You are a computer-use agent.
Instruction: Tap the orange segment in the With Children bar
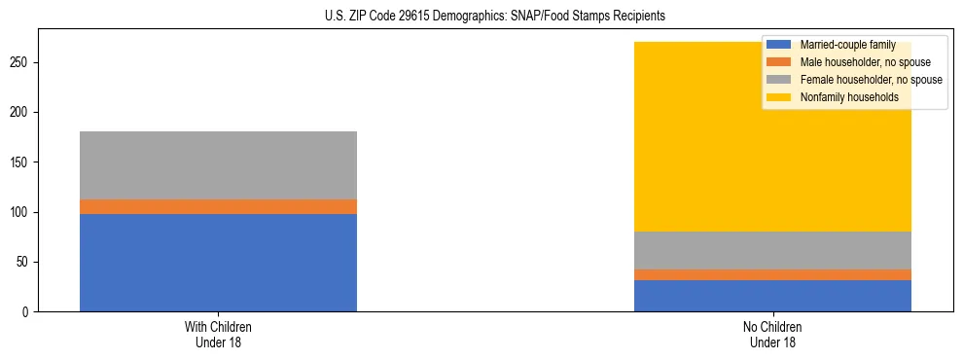[x=218, y=206]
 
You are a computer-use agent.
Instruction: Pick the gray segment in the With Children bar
[x=218, y=165]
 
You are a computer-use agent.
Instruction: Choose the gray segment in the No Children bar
[x=772, y=251]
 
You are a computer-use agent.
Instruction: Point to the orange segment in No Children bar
[x=772, y=274]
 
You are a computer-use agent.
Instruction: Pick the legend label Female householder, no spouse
[x=870, y=80]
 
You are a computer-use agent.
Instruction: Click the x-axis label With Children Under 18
[x=218, y=334]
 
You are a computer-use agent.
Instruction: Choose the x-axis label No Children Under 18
[x=772, y=334]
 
